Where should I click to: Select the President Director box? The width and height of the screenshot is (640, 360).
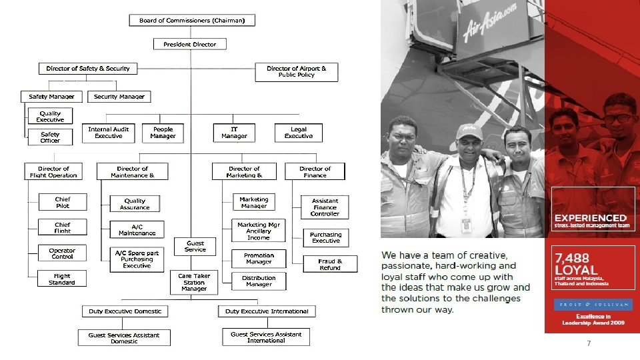pos(190,45)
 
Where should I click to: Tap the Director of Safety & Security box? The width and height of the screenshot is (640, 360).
pos(88,69)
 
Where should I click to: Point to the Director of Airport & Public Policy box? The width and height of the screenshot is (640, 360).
pos(296,71)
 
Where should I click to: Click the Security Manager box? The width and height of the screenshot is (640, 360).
pos(119,97)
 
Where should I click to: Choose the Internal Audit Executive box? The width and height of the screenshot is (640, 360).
pos(108,133)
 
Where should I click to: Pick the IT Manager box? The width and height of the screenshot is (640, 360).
pos(234,133)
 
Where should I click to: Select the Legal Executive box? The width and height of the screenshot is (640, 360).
pos(298,133)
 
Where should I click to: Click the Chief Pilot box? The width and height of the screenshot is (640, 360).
pos(63,202)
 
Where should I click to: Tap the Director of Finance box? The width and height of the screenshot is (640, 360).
pos(315,172)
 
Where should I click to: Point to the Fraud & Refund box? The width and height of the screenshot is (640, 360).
pos(329,265)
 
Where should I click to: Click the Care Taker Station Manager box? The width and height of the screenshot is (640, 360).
pos(194,282)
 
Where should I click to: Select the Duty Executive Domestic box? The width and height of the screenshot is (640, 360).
pos(125,311)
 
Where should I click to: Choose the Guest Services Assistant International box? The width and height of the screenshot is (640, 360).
pos(266,337)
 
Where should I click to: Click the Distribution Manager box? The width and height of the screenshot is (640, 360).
pos(259,281)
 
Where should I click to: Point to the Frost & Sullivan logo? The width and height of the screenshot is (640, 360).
pos(591,305)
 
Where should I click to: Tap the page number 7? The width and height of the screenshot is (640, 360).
pos(589,344)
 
